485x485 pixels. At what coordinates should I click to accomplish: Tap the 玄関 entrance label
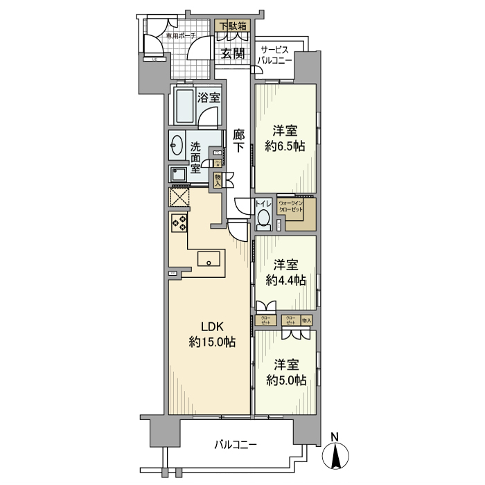(233, 54)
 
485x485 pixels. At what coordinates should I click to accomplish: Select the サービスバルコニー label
(276, 55)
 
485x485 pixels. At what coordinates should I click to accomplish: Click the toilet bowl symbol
(263, 219)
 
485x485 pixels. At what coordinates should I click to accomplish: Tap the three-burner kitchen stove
(179, 223)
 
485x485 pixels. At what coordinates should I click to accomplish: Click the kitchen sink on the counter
(209, 260)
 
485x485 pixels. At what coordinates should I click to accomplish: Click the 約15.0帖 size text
(209, 342)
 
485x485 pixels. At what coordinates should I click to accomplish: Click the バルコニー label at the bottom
(235, 443)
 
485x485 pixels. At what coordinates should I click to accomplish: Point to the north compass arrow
(335, 456)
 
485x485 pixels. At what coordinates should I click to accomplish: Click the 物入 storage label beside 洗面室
(218, 181)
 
